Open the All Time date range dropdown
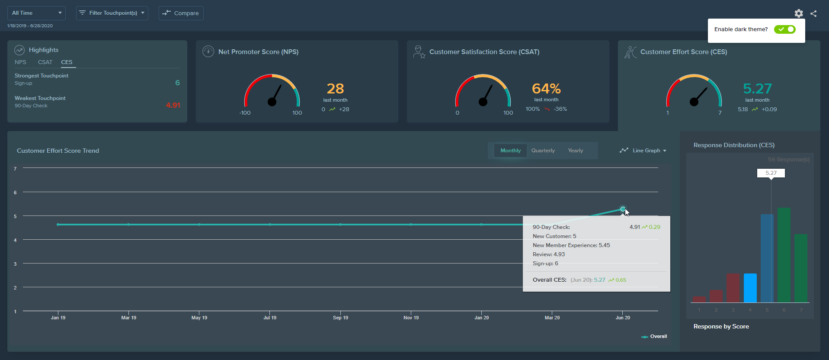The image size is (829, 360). [36, 13]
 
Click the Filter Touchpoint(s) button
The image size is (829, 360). [112, 13]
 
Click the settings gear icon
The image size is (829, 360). [798, 13]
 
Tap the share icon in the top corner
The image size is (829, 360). [813, 13]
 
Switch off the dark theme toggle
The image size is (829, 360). [784, 29]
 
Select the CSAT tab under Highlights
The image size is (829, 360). [45, 62]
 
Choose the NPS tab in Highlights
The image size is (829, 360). [20, 62]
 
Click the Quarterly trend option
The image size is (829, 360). [543, 151]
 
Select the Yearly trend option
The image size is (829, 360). [575, 151]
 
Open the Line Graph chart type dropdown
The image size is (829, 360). [643, 151]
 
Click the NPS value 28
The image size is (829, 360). [335, 89]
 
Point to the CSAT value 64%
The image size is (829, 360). [546, 89]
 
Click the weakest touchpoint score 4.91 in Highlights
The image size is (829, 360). [173, 105]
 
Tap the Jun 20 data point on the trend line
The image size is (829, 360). [623, 209]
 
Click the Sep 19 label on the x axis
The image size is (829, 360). [340, 318]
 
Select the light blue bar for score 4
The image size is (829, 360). [750, 288]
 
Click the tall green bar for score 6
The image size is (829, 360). [784, 255]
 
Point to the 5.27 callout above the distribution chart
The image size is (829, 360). [771, 173]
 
